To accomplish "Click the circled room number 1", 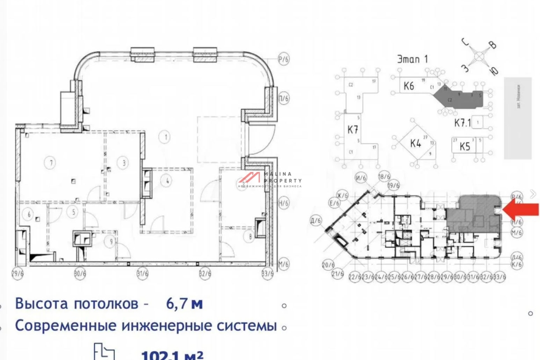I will [166, 136].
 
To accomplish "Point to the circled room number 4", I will [167, 181].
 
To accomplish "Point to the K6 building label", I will [409, 86].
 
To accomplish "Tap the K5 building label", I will [464, 147].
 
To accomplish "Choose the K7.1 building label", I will [462, 122].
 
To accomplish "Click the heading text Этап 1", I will [413, 58].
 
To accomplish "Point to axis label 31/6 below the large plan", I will [143, 273].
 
